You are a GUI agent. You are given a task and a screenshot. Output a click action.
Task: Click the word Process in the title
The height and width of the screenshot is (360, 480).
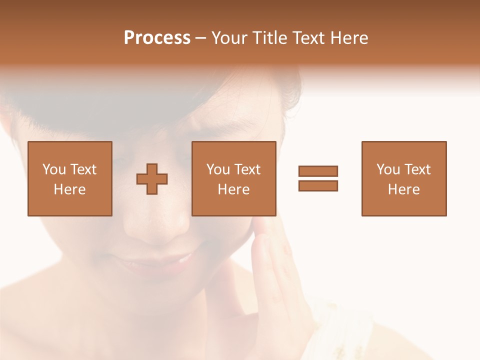tap(157, 38)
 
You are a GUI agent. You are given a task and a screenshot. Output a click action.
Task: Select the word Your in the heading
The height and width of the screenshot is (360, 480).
tap(229, 38)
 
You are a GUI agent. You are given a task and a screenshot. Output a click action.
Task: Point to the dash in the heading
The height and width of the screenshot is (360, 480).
tap(201, 38)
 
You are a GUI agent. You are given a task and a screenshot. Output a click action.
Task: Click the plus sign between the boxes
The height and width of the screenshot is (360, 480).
tap(152, 179)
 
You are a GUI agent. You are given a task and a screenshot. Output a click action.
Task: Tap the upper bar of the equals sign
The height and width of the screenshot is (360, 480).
tap(318, 171)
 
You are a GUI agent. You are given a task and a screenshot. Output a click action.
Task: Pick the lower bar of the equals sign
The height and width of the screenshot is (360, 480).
tap(318, 185)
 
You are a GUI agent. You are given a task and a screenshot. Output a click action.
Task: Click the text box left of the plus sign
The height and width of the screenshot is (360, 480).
tap(70, 178)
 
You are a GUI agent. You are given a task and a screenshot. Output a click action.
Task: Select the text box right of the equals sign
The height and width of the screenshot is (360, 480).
tap(404, 178)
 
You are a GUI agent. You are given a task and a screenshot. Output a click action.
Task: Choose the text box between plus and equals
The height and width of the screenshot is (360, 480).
tap(234, 178)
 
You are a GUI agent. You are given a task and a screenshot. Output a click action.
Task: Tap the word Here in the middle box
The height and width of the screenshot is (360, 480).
tap(234, 189)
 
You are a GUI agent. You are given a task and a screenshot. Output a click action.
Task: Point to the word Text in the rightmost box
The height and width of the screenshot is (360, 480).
tap(417, 169)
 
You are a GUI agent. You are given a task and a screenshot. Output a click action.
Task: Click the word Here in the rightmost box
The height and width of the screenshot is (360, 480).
tap(404, 189)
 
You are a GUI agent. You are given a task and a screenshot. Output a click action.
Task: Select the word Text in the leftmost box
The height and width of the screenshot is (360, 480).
tap(83, 169)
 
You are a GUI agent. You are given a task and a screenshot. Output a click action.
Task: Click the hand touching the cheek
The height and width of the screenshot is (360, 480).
tap(280, 280)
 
